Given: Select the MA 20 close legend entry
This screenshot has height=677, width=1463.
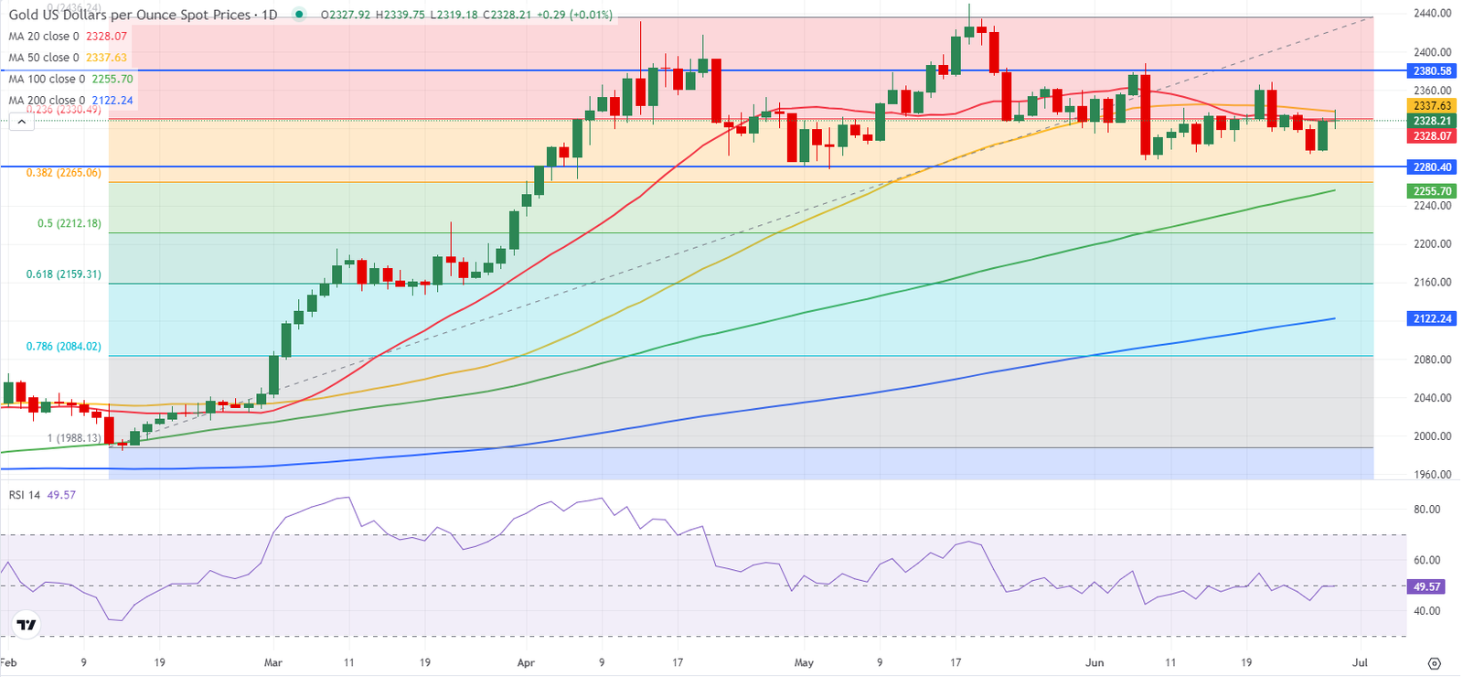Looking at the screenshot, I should [67, 37].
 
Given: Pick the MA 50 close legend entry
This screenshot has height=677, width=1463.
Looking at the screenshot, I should [67, 58].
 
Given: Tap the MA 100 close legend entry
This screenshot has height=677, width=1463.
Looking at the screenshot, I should [70, 79].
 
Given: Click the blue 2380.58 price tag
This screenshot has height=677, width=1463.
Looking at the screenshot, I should [1432, 71].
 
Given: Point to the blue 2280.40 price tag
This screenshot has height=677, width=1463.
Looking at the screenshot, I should [1432, 167].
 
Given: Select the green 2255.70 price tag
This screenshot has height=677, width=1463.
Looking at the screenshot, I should [1432, 191].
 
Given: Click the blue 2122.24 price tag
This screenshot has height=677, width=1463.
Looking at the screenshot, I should [1432, 318].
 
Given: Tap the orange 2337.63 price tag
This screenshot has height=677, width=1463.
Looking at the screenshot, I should [1432, 106].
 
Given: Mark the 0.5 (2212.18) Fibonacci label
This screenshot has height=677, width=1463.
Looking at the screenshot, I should [69, 223].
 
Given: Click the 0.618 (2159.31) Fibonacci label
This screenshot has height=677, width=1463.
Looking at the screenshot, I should [63, 274].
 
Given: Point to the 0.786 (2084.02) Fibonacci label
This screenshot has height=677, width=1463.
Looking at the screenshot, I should [63, 347].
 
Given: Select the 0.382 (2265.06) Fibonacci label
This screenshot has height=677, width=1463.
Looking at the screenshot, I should [63, 173].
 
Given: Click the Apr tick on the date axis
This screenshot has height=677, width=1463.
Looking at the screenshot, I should [525, 662].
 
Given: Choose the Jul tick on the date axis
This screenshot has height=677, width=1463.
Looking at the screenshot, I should [1359, 662].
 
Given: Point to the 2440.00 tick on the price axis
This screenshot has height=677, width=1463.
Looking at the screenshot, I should [1432, 14].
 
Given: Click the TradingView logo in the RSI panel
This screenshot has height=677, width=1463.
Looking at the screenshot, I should [27, 625].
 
